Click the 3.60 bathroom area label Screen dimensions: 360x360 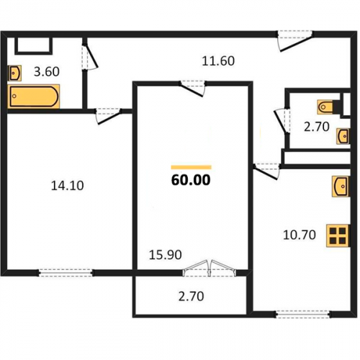point(47,71)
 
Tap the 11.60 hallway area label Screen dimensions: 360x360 point(218,61)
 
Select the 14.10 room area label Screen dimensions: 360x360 point(68,186)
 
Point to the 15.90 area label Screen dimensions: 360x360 point(166,255)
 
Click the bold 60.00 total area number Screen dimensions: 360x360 point(191,180)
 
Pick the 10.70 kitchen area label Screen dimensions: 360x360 point(300,235)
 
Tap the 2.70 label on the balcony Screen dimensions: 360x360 point(192,296)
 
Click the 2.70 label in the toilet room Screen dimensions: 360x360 point(317,127)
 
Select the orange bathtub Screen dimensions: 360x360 point(33,96)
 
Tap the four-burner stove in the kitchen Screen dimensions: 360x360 point(338,235)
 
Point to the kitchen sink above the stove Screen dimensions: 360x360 point(341,186)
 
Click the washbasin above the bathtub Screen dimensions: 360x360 point(14,73)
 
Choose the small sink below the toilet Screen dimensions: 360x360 point(343,136)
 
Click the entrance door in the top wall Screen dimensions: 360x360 point(295,41)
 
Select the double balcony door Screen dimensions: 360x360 point(209,269)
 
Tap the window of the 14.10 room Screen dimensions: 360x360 point(66,273)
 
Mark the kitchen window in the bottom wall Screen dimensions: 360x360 point(303,314)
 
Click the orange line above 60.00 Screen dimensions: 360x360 point(191,167)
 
